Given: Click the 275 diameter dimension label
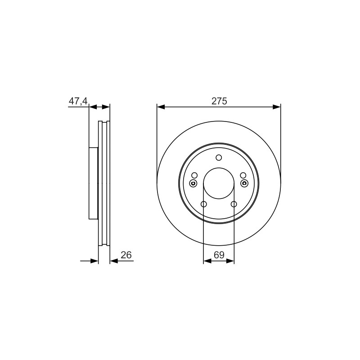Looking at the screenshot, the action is coord(219,101).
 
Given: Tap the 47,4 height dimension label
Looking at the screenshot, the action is coord(78,101).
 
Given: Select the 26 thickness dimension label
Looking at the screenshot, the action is coord(126,255).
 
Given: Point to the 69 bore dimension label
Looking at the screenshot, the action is coord(219,255).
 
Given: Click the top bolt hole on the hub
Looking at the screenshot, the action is coord(219,158).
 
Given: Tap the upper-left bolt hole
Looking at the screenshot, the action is coord(194,175).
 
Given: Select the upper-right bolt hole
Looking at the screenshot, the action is coord(243,175).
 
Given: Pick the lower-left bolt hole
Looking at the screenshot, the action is coord(204,204).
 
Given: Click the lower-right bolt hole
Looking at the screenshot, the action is coord(234,204).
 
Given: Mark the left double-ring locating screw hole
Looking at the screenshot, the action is coord(193,183).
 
